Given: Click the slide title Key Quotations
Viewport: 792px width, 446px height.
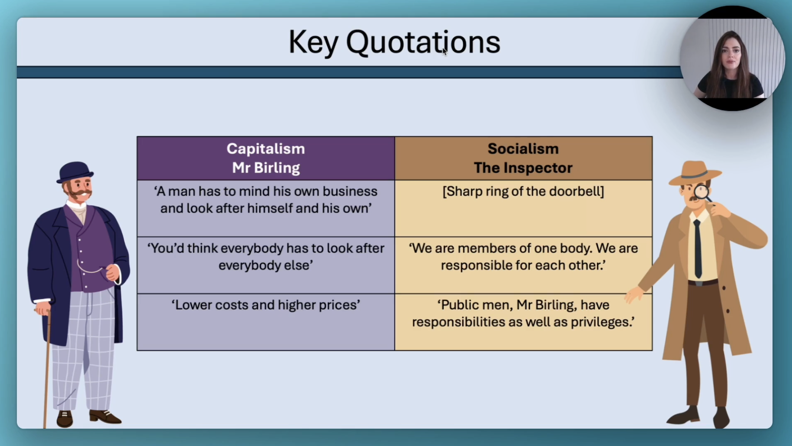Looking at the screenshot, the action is (x=394, y=42).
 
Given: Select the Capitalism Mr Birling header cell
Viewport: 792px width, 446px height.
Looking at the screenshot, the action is (x=266, y=158).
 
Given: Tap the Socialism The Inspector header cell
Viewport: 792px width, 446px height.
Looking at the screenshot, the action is (x=523, y=158).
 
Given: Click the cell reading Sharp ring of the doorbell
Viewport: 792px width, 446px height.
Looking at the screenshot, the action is (x=523, y=208).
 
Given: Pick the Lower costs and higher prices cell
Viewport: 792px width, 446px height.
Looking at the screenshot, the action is (x=266, y=322).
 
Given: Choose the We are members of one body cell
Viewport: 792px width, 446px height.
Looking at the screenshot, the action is (x=523, y=265).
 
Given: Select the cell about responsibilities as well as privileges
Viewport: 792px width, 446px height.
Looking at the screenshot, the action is (x=523, y=322).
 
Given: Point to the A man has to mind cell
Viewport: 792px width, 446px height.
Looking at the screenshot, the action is (x=266, y=208).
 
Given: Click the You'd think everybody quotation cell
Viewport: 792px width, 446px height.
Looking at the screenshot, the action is (x=266, y=265).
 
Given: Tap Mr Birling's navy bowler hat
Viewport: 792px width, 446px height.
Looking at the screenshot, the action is (x=75, y=172).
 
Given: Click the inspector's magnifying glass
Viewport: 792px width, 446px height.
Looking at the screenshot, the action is (x=702, y=193).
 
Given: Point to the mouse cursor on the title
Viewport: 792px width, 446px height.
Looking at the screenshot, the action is (x=444, y=52).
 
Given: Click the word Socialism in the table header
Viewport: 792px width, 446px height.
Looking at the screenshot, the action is (x=523, y=149).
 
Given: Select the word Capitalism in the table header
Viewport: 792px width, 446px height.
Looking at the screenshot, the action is (x=266, y=149).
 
